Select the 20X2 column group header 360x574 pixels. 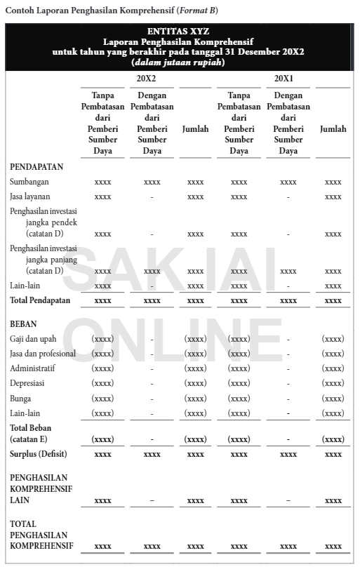[x=146, y=78]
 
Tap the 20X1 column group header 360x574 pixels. [x=284, y=78]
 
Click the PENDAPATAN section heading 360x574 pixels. [x=36, y=167]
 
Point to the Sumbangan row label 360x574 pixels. [x=29, y=182]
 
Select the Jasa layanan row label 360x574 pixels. [x=30, y=196]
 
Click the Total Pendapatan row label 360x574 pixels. [x=40, y=300]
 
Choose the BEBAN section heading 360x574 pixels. [x=23, y=324]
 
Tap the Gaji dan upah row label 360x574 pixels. [x=33, y=339]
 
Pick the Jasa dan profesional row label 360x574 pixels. [x=43, y=354]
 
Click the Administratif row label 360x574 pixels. [x=32, y=368]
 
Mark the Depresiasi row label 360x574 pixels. [x=28, y=383]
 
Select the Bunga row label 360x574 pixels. [x=21, y=399]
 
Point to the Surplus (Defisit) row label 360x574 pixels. [x=38, y=454]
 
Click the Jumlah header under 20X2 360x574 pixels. [x=195, y=129]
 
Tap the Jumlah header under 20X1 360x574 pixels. [x=333, y=129]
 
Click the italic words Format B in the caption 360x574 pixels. [x=199, y=11]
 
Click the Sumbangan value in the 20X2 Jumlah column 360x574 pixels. [x=195, y=182]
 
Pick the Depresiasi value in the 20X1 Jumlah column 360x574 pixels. [x=333, y=384]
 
